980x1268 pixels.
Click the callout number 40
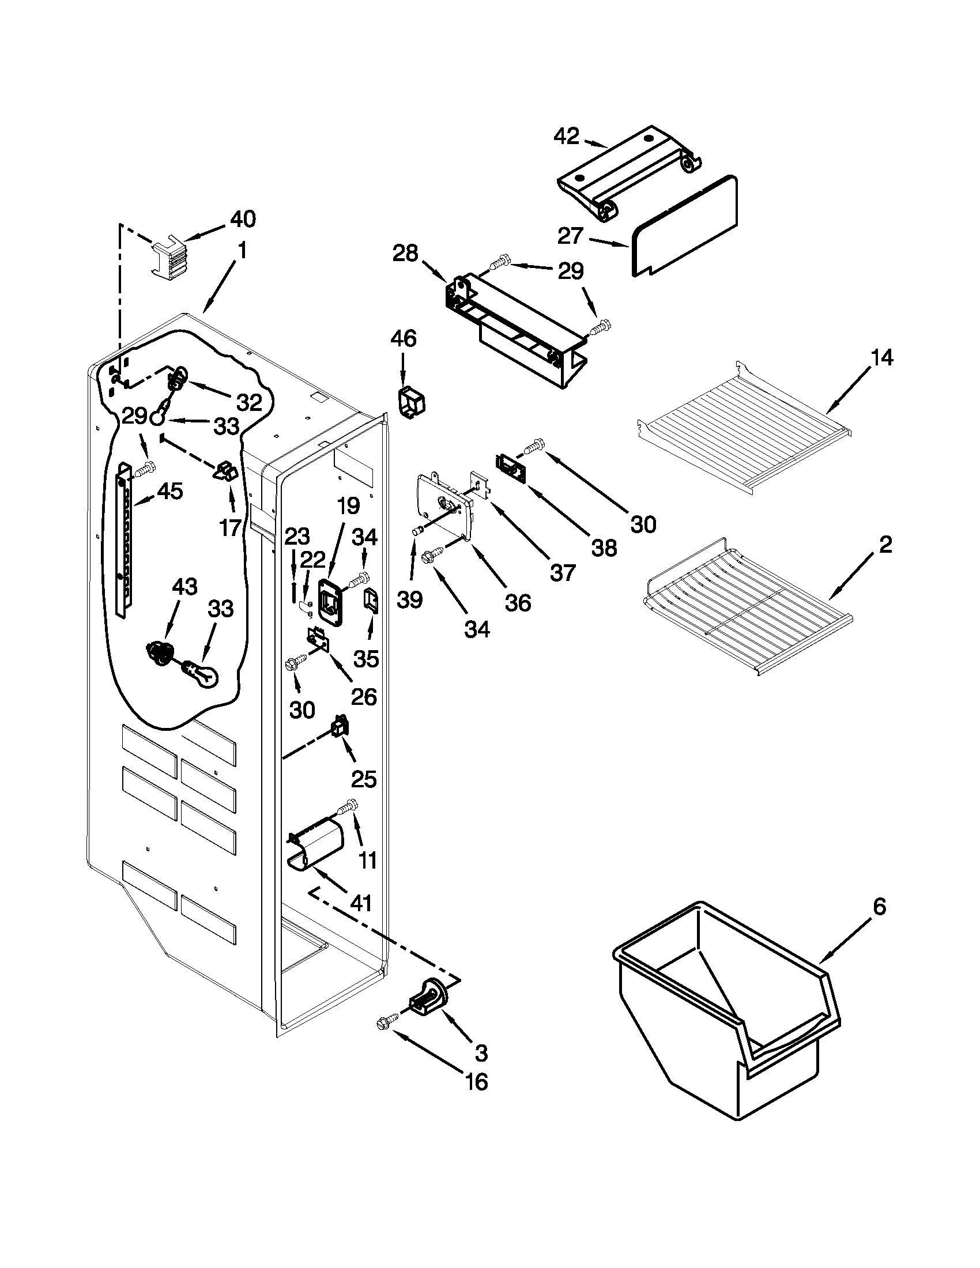pos(242,219)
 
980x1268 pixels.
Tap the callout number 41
pos(360,903)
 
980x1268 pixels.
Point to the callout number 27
pos(570,236)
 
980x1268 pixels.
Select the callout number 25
pos(364,779)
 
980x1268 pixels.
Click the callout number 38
pos(604,547)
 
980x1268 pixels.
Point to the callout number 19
pos(348,506)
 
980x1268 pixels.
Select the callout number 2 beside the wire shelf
pos(885,545)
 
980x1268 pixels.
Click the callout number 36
pos(517,603)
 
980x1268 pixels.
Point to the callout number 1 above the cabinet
pos(242,251)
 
